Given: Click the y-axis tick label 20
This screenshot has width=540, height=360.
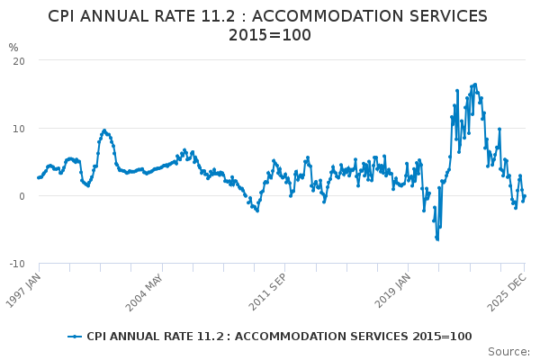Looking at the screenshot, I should (x=18, y=60).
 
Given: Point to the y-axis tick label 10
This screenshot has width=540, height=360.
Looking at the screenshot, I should (x=18, y=128).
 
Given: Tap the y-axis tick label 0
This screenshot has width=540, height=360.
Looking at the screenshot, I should (x=21, y=196).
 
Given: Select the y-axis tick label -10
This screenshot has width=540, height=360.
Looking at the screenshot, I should (x=16, y=264).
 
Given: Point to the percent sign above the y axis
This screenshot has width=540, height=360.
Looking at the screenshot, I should (x=13, y=48).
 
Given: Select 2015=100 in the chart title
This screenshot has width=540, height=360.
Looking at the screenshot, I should (x=269, y=35).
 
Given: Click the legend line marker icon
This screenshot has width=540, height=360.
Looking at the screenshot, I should (x=76, y=337).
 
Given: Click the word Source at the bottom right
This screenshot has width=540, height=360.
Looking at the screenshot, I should (x=508, y=351).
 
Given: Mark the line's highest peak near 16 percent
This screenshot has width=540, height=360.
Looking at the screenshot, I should (x=475, y=85).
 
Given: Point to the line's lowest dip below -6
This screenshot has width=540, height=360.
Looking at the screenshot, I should (x=437, y=239).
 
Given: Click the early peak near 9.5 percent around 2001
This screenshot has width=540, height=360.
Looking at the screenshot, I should (x=104, y=130).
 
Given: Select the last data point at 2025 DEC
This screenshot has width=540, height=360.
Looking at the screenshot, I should (x=525, y=196).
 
